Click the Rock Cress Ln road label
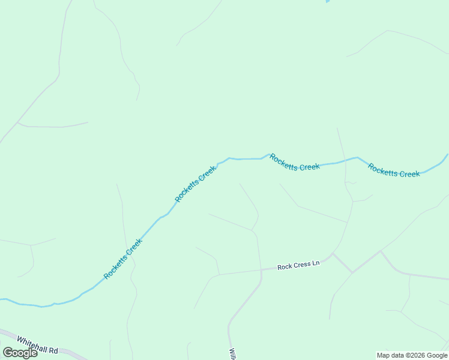[298, 264]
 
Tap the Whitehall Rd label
[37, 345]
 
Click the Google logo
[20, 353]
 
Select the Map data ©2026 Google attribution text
[412, 355]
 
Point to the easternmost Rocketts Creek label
[394, 170]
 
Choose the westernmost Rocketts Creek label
[124, 259]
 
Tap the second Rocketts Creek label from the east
[295, 163]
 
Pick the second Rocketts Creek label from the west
[196, 184]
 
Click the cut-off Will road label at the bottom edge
[231, 353]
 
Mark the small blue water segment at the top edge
[327, 1]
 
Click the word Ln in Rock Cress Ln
[315, 263]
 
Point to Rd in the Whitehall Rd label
[53, 350]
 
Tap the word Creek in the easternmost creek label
[409, 173]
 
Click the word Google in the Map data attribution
[437, 355]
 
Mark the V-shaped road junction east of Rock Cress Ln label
[352, 272]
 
